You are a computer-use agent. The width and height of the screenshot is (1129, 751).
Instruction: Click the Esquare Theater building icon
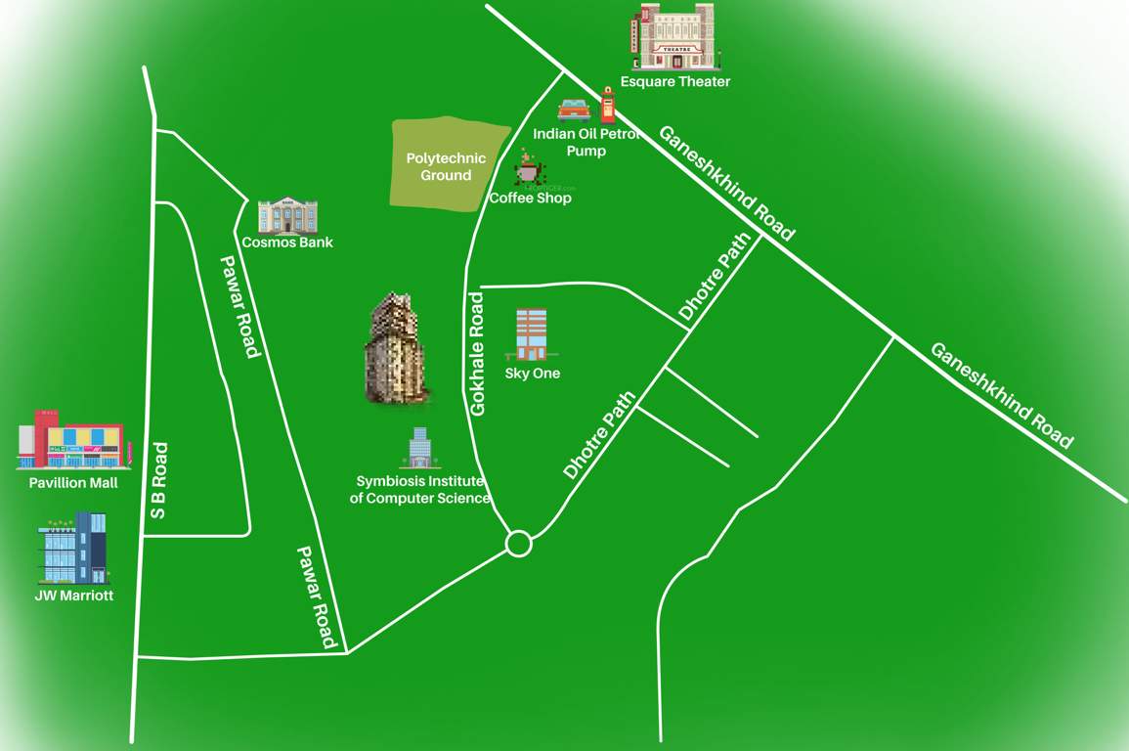(x=674, y=36)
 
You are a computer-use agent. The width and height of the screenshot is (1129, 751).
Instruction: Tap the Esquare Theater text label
(x=674, y=82)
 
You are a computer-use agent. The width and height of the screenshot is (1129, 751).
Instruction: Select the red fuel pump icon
(x=608, y=104)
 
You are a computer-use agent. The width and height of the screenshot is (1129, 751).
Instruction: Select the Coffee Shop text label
(x=530, y=199)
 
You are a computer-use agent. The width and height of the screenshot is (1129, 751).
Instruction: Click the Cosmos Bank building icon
(x=287, y=215)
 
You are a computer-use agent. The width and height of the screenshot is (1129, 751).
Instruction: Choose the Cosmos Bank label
(x=287, y=243)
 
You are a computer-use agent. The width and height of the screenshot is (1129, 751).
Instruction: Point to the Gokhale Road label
(x=478, y=353)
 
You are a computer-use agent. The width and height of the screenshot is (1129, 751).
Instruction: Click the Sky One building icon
(x=532, y=335)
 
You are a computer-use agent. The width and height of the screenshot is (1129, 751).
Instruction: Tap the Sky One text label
(x=533, y=374)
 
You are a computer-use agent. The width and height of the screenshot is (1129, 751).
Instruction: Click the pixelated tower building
(x=397, y=349)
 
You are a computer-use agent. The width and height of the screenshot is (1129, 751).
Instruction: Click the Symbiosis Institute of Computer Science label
(x=420, y=490)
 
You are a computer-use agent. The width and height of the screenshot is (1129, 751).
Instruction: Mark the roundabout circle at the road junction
(x=518, y=544)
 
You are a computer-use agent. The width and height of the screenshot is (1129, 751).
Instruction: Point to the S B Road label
(x=158, y=480)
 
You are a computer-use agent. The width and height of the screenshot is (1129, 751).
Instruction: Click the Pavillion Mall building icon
(x=73, y=440)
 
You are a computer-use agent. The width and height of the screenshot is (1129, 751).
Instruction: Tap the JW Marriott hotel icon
(x=74, y=548)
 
